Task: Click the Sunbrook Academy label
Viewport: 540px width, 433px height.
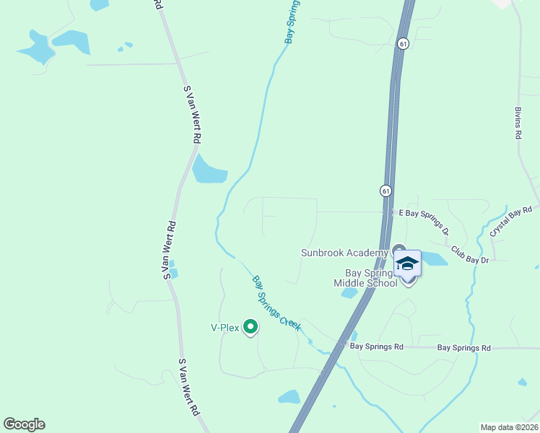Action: pos(344,253)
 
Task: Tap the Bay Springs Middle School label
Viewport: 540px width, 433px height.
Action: pos(365,278)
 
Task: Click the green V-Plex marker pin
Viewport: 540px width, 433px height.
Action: pos(251,327)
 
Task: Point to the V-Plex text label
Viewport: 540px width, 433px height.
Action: pos(225,327)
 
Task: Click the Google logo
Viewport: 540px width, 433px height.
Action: pos(24,424)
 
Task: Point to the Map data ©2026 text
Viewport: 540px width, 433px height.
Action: pos(509,427)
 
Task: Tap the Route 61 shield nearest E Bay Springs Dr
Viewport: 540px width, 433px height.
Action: pos(386,191)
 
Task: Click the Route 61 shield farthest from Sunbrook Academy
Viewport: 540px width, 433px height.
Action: pos(403,43)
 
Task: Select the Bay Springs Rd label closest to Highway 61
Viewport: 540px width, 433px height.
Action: pos(376,346)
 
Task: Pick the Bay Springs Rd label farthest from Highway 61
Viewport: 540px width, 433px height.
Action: pos(464,348)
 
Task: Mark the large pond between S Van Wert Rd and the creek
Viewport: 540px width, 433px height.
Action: pos(209,170)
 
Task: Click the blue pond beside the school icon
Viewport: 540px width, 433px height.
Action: pos(432,258)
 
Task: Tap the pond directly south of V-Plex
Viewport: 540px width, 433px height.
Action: pos(289,396)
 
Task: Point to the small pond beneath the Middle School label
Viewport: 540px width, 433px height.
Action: pos(349,293)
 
